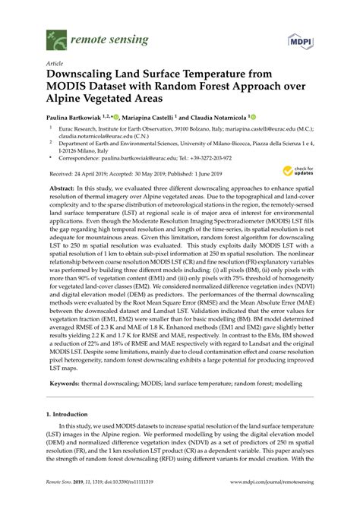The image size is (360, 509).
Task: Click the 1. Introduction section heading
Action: (71, 416)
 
